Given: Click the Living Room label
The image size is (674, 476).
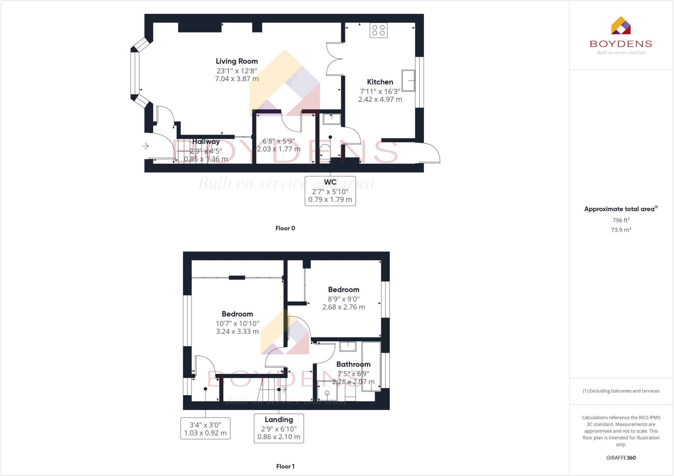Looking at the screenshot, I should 237,61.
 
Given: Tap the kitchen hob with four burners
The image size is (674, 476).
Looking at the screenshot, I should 378,30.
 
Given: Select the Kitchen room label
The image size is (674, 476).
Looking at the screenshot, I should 380,82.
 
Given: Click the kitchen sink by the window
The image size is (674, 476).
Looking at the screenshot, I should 408,81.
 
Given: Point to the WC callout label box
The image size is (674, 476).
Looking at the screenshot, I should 330,191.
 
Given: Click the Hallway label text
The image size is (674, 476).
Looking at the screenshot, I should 206,142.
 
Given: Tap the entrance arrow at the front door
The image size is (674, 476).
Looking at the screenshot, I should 145,146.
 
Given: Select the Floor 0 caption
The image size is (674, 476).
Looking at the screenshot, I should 285,228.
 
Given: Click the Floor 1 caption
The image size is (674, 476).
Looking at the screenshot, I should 285,466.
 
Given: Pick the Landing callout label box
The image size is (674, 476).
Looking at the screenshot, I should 279,428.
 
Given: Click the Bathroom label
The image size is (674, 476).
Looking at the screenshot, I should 353,364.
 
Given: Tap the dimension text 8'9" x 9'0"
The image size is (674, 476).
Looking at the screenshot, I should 344,299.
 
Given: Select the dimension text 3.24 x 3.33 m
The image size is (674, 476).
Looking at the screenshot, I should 237,331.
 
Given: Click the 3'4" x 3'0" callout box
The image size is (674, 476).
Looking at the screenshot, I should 205,429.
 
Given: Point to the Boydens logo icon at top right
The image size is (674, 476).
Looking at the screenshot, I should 621,26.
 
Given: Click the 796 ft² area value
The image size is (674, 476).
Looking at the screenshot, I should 621,220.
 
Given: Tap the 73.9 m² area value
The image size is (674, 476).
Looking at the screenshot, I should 621,230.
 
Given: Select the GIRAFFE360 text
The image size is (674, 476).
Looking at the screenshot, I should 621,458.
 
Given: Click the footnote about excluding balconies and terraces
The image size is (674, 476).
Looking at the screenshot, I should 621,391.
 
